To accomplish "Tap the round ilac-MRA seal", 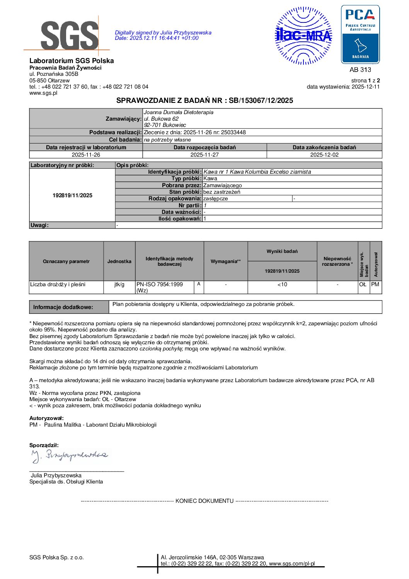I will (303, 36).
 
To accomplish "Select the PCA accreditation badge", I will (360, 34).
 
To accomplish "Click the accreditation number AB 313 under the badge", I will (360, 70).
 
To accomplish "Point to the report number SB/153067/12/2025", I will (261, 101).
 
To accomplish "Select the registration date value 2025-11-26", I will (86, 155).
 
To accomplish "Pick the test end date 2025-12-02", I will (324, 155).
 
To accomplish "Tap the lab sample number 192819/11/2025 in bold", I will (72, 195).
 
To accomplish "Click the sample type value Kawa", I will (210, 178).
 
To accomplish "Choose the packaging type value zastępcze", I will (216, 198).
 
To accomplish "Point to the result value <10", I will (282, 284).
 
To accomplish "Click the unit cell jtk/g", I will (119, 284).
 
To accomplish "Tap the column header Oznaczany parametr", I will (66, 261).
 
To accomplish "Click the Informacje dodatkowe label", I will (63, 307).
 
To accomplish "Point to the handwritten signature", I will (70, 456).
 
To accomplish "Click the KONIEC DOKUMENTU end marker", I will (205, 501).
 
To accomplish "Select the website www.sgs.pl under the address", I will (43, 93).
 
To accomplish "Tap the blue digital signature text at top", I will (163, 35).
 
